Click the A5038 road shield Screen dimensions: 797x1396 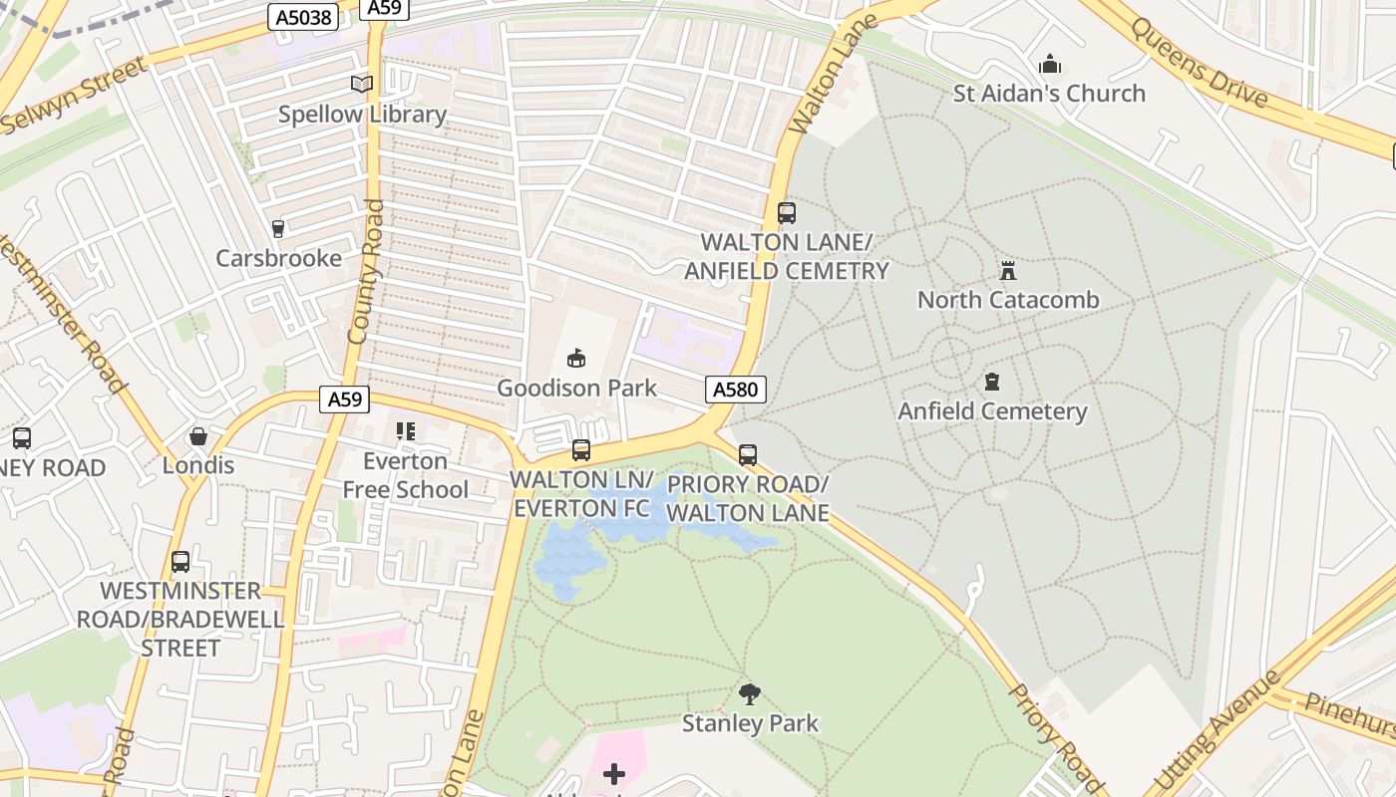tap(303, 16)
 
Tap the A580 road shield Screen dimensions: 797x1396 tap(736, 390)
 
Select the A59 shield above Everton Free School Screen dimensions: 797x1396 tap(345, 399)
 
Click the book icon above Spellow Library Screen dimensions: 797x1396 tap(362, 85)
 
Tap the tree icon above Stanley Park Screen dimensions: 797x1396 tap(750, 693)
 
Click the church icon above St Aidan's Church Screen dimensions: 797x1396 tap(1049, 65)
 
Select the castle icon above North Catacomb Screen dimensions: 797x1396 tap(1008, 271)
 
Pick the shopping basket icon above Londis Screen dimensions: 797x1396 tap(198, 436)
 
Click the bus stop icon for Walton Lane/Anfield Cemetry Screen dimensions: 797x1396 tap(786, 212)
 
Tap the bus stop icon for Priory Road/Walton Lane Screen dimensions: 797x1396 tap(748, 455)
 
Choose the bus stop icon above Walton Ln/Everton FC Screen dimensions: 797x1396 tap(581, 450)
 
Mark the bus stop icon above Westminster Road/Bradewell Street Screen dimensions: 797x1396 tap(180, 561)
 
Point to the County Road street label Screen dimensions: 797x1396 tap(365, 272)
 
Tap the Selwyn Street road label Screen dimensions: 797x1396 tap(75, 96)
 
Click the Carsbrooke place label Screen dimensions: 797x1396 tap(278, 259)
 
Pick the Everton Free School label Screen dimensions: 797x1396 tap(405, 475)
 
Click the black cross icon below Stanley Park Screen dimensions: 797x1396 tap(614, 773)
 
